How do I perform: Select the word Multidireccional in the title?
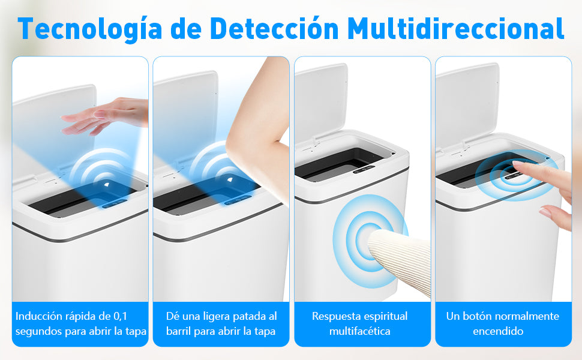click(x=456, y=28)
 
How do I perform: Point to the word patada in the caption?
click(x=241, y=316)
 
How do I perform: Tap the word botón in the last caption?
click(x=478, y=316)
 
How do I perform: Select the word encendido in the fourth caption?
click(x=498, y=331)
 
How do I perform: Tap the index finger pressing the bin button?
click(x=528, y=170)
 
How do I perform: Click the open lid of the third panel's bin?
click(x=320, y=96)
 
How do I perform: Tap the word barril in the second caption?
click(x=179, y=331)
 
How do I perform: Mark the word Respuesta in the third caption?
click(x=334, y=316)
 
